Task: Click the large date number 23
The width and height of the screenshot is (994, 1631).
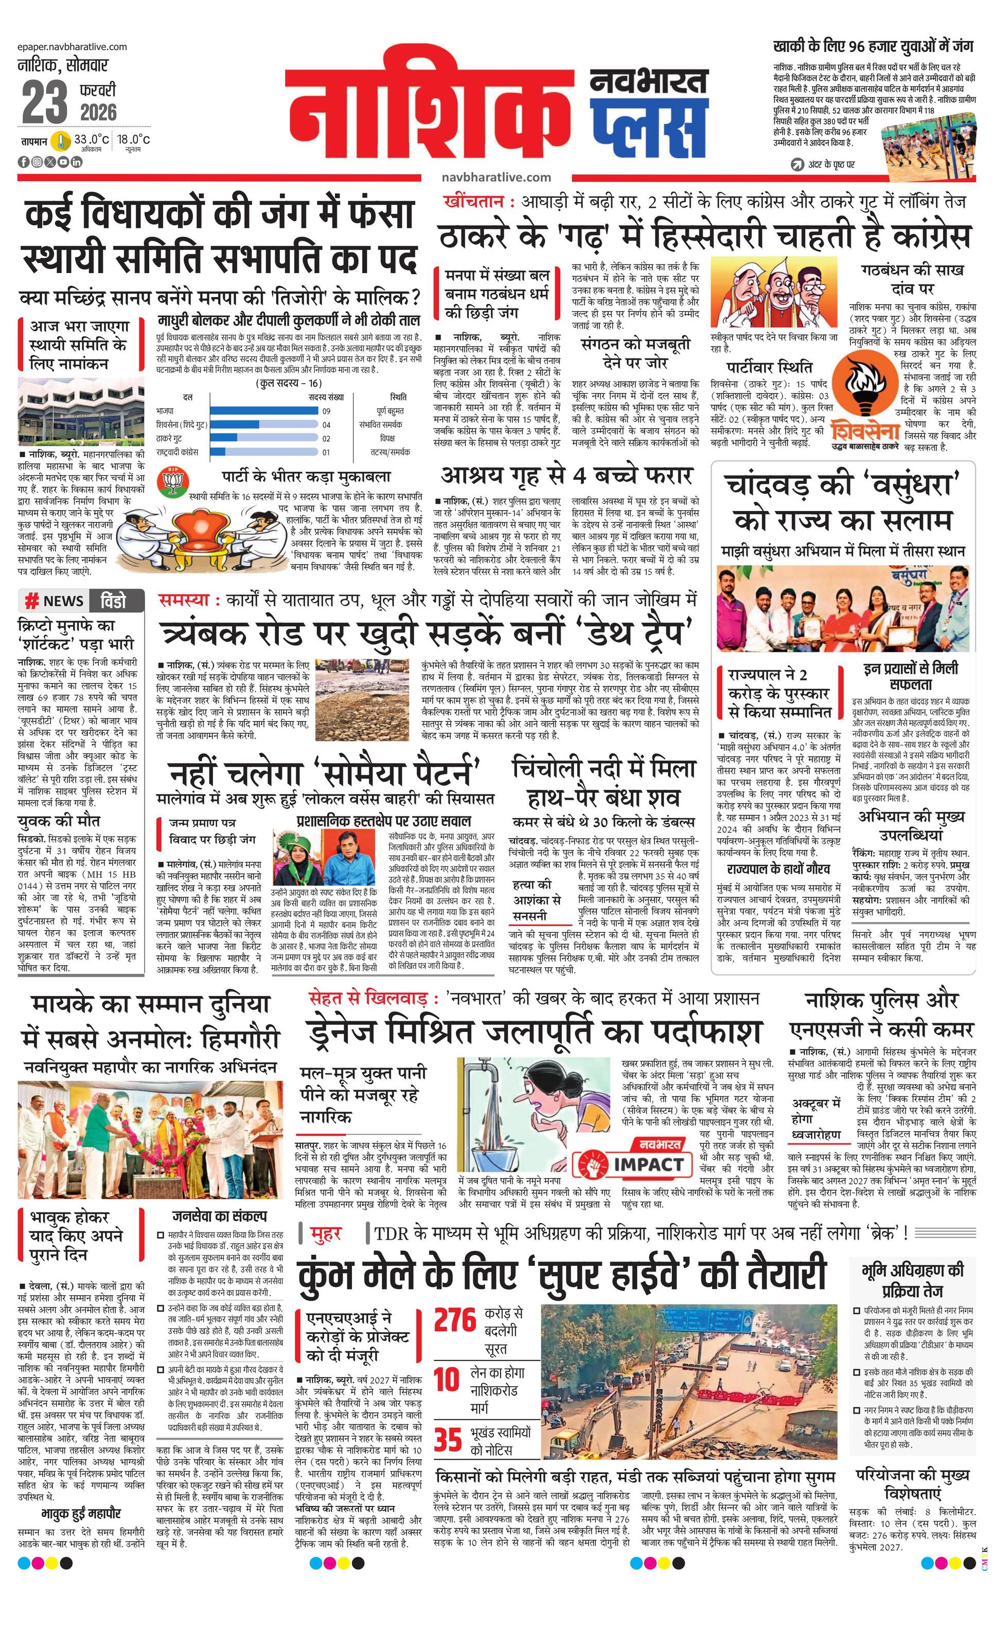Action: coord(44,103)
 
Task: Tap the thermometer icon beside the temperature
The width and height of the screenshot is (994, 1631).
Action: coord(62,141)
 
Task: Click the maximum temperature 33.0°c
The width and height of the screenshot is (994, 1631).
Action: coord(92,140)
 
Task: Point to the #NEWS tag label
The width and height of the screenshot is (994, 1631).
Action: coord(55,601)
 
